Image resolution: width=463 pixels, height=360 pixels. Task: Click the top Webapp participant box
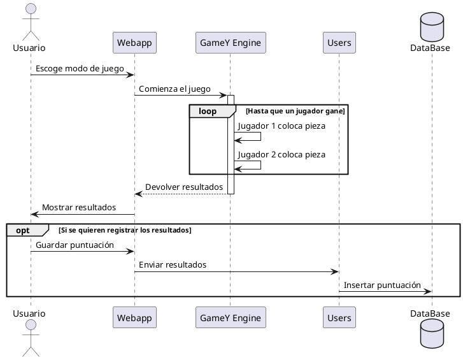[x=134, y=43]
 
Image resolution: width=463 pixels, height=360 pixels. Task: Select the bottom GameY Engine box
[x=231, y=317]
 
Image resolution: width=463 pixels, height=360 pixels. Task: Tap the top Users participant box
[x=339, y=43]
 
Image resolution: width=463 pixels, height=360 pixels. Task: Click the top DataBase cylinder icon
[x=432, y=24]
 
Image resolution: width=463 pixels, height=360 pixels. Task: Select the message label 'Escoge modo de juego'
[x=80, y=69]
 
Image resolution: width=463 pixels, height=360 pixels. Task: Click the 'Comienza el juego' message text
[x=175, y=89]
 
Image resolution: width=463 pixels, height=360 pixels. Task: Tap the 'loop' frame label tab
[x=208, y=111]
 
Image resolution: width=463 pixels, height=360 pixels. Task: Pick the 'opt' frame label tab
[x=23, y=229]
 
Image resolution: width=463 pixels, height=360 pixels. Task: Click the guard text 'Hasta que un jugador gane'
[x=296, y=112]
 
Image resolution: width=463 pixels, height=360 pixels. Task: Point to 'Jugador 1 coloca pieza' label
[x=281, y=126]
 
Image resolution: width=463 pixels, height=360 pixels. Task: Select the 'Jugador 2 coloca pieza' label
[x=281, y=154]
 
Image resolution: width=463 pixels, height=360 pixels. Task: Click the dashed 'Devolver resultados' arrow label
[x=184, y=187]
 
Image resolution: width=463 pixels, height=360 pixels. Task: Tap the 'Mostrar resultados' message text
[x=79, y=208]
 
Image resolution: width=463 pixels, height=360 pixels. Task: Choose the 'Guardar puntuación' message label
[x=75, y=245]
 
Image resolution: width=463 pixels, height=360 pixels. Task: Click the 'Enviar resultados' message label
[x=172, y=265]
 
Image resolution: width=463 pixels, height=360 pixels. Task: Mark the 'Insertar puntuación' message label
[x=383, y=285]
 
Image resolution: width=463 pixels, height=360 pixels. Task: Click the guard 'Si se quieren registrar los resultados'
[x=125, y=230]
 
